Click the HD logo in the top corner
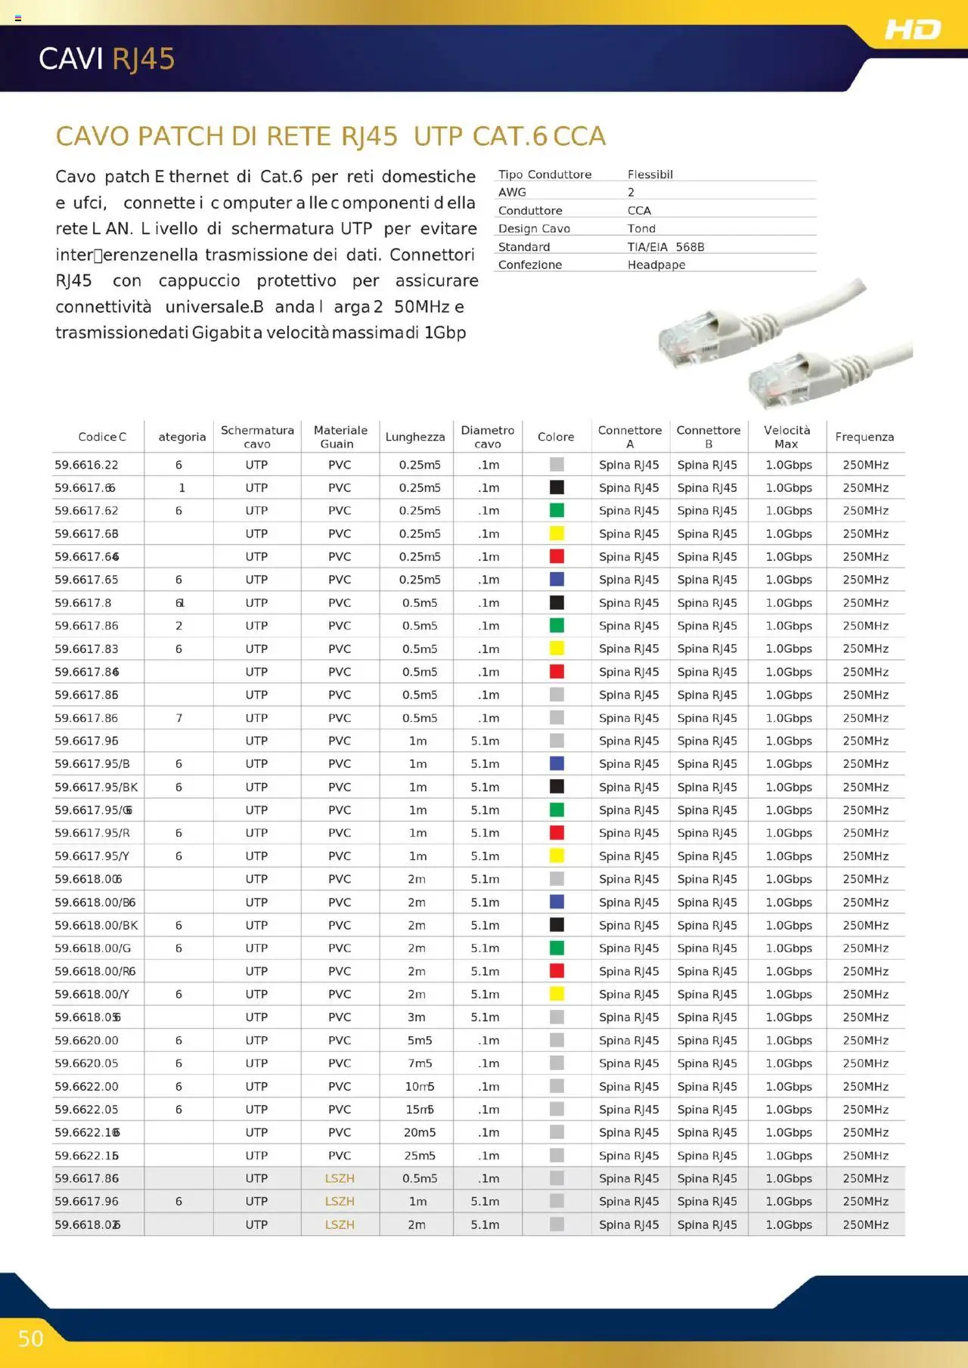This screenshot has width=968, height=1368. (913, 29)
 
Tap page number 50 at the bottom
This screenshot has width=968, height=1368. (31, 1339)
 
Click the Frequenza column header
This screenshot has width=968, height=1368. (864, 437)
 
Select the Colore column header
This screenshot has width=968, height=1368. (556, 437)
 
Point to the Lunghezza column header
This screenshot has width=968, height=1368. (415, 437)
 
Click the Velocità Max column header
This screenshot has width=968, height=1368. (786, 437)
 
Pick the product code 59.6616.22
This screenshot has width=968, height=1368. (86, 465)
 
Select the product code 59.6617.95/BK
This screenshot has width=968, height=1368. (96, 787)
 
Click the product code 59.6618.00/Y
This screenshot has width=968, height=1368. (92, 994)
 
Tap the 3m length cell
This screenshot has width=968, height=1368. (417, 1017)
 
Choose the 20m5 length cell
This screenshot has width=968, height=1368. (420, 1132)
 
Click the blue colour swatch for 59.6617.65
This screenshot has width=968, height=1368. (557, 579)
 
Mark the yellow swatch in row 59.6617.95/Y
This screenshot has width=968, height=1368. (557, 856)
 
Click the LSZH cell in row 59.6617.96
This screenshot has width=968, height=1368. (340, 1201)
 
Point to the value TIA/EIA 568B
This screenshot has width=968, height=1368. (665, 247)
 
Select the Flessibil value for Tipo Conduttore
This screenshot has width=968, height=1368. (650, 175)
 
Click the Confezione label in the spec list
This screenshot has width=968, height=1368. (530, 265)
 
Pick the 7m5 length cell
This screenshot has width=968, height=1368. (420, 1063)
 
